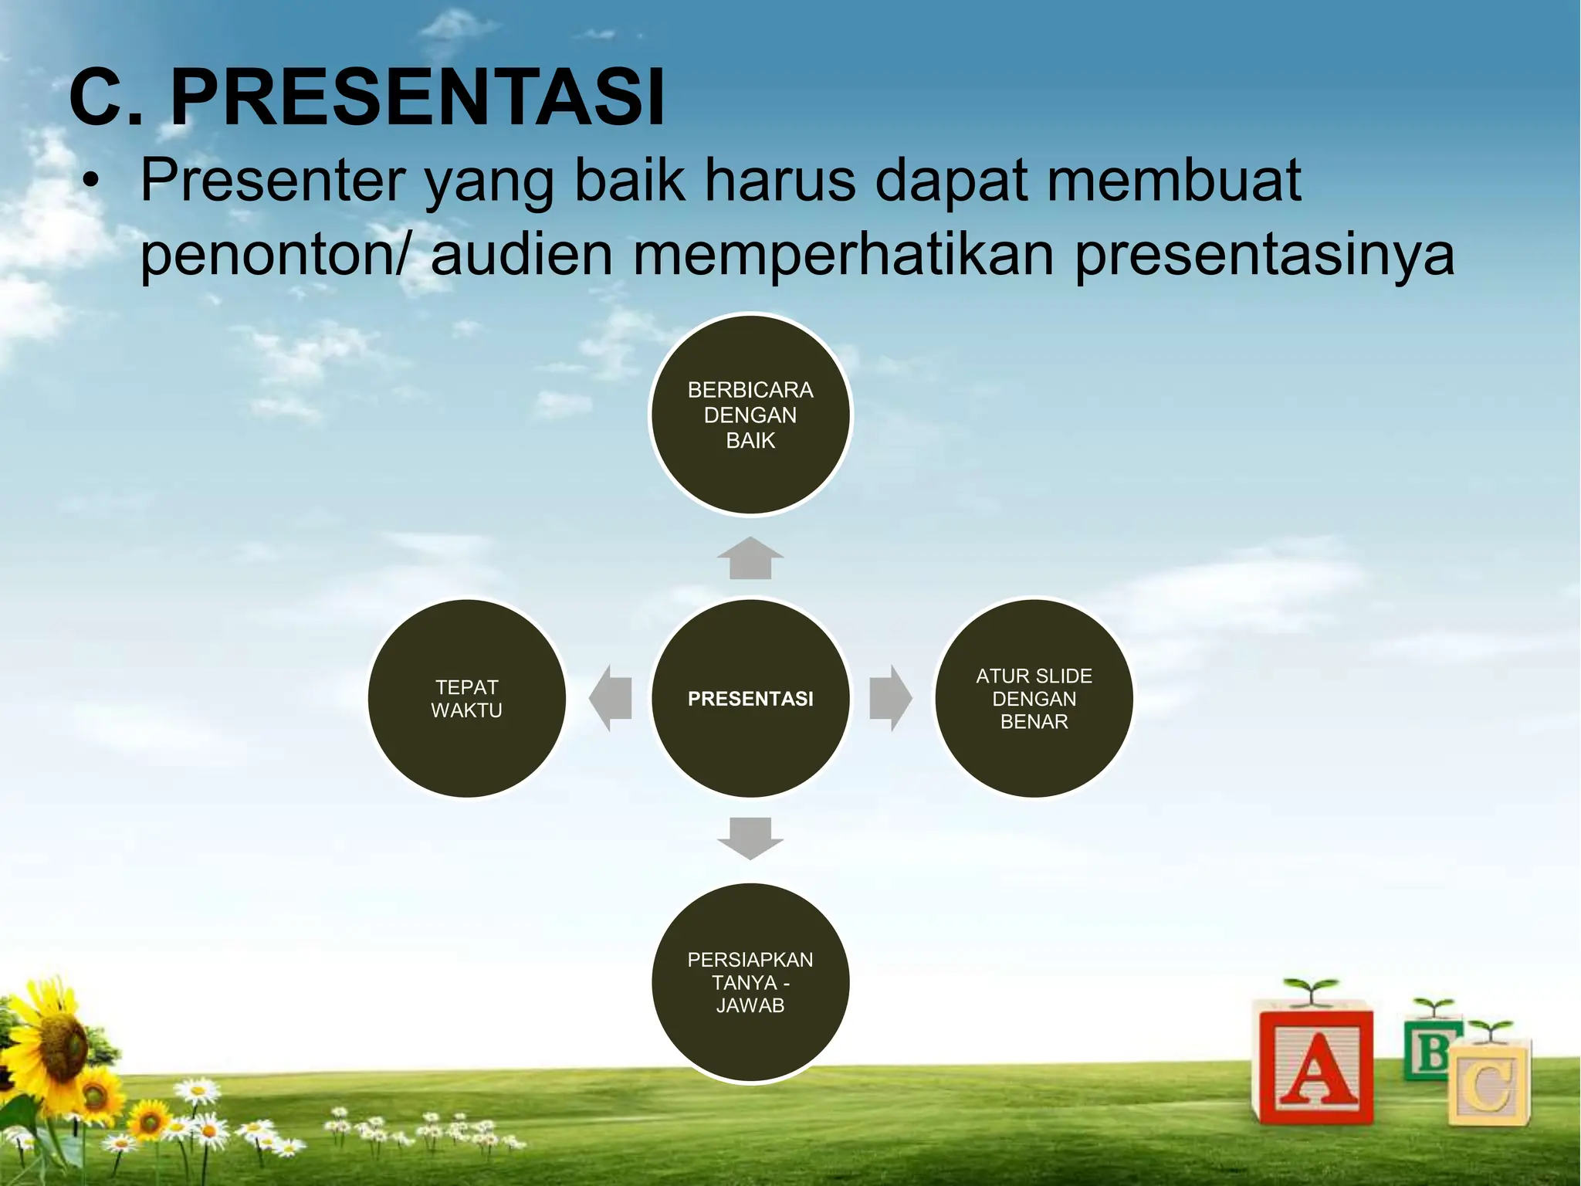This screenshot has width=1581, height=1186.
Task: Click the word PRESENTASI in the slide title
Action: click(x=417, y=99)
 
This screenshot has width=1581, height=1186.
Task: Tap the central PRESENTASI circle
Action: click(x=750, y=698)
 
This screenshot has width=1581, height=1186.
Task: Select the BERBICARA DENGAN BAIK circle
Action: click(x=750, y=415)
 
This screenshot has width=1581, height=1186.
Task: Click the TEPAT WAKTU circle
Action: click(x=466, y=698)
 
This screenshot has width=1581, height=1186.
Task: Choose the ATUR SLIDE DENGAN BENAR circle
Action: click(x=1034, y=698)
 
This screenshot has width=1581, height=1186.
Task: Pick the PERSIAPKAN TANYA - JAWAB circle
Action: click(x=750, y=982)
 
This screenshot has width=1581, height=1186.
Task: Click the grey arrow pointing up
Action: click(x=750, y=558)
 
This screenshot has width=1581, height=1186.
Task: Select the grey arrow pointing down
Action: click(x=750, y=839)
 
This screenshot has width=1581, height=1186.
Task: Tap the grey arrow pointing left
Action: click(x=611, y=698)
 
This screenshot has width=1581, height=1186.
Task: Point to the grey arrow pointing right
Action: click(x=890, y=698)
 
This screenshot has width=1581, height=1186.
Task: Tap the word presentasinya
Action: click(x=1264, y=255)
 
